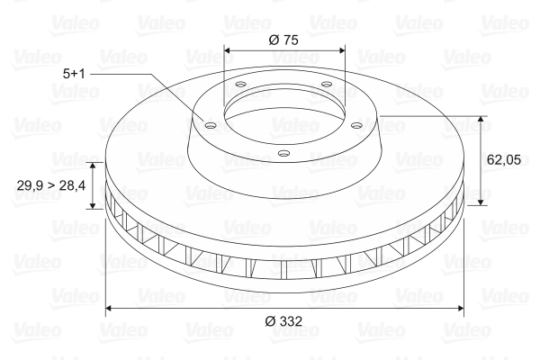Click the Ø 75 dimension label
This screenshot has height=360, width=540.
tap(283, 40)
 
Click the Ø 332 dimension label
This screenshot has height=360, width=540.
tap(283, 321)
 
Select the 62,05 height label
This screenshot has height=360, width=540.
tap(504, 160)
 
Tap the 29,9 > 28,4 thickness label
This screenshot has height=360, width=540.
tap(51, 185)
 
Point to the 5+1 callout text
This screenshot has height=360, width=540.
tap(74, 74)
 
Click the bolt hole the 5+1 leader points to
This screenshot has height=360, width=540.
tap(210, 125)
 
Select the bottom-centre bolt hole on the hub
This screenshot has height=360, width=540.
tap(283, 153)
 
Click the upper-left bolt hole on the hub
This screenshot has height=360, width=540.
tap(240, 84)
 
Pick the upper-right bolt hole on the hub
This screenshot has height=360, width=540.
tap(326, 84)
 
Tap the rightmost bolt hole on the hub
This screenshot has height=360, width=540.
tap(357, 125)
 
